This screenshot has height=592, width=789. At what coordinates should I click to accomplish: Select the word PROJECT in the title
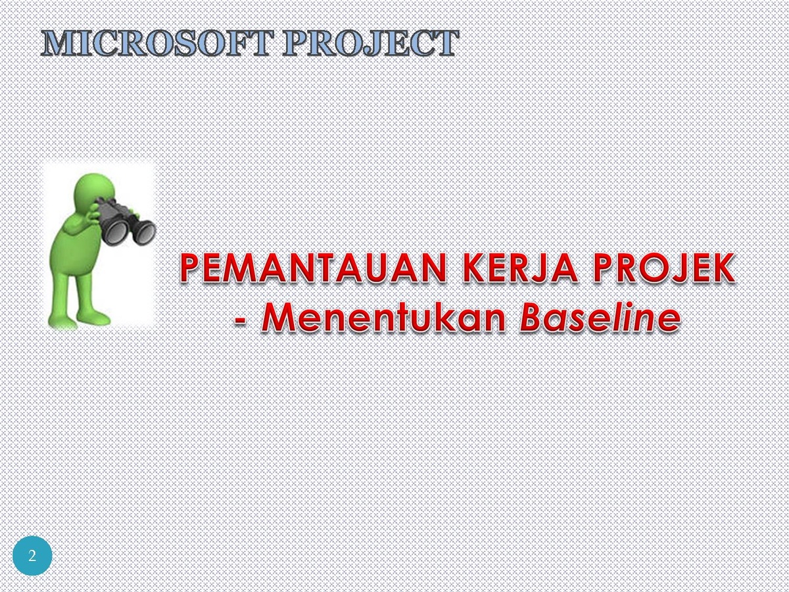[371, 43]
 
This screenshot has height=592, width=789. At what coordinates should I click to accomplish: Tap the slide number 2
[32, 556]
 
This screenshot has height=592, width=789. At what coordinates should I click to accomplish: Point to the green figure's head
[94, 191]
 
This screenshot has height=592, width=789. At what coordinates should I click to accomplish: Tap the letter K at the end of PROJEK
[722, 268]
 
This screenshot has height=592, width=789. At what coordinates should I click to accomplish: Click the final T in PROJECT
[446, 43]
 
